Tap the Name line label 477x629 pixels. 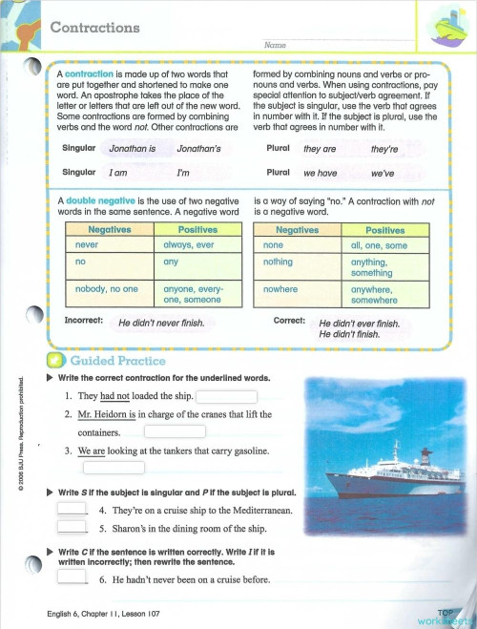(274, 45)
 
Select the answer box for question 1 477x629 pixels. (226, 397)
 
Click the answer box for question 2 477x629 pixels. (175, 431)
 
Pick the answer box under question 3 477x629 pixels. (114, 468)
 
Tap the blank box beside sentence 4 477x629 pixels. (73, 509)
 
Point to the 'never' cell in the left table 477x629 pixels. (88, 245)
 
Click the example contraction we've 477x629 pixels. (383, 175)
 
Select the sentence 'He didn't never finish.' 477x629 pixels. (162, 324)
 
